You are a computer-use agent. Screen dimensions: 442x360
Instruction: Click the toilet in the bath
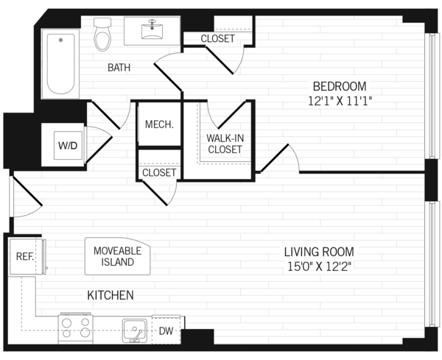[102, 34]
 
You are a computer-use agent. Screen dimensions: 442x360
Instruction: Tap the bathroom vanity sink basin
[152, 31]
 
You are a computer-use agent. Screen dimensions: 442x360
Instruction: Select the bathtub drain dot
[60, 40]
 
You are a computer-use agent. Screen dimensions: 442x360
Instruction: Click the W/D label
[68, 146]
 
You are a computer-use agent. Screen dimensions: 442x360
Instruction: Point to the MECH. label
[159, 124]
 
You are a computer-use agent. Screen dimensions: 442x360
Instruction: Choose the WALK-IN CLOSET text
[225, 144]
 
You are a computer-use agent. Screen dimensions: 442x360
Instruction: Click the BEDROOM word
[340, 86]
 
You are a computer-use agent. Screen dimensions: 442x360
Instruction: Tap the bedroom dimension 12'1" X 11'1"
[340, 101]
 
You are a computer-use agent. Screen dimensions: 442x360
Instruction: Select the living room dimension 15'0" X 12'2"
[320, 267]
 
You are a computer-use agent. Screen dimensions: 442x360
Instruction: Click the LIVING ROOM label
[319, 252]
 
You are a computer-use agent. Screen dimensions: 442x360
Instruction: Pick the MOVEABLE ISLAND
[118, 256]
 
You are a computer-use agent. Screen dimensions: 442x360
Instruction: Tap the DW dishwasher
[166, 330]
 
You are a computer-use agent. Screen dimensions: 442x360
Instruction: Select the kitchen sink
[135, 331]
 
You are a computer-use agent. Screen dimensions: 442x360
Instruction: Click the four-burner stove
[76, 328]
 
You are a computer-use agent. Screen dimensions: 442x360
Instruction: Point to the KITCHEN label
[110, 295]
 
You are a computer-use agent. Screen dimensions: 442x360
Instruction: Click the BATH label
[119, 68]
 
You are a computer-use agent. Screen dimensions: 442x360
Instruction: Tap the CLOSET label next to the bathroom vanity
[217, 38]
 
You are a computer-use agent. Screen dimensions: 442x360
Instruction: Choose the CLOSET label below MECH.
[159, 172]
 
